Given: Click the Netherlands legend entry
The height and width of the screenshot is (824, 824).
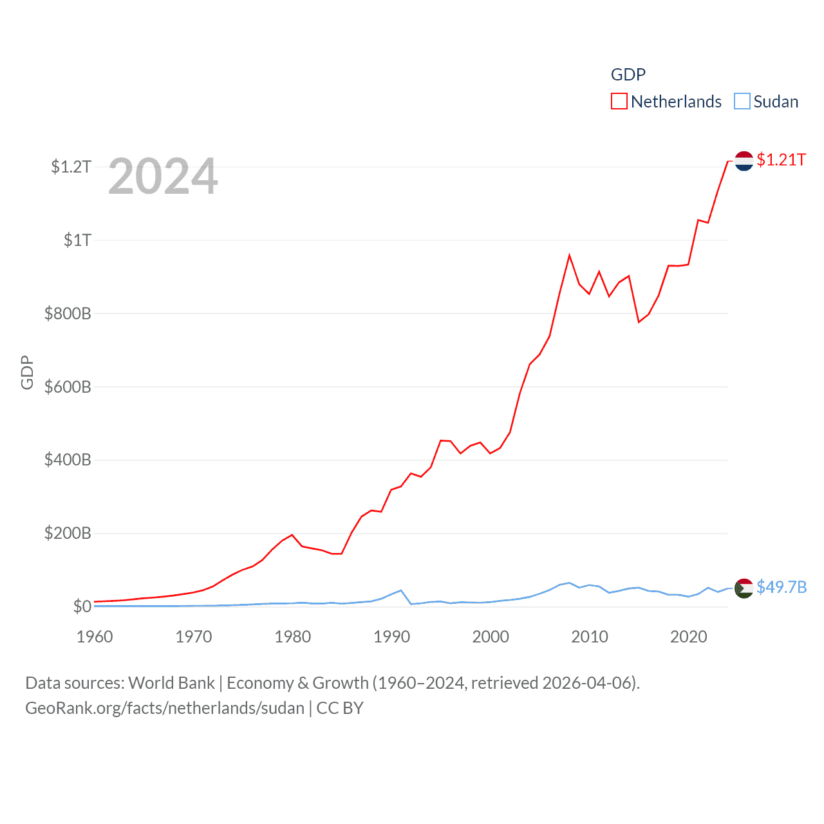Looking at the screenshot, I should [675, 102].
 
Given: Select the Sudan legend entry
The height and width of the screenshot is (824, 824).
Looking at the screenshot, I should [775, 102].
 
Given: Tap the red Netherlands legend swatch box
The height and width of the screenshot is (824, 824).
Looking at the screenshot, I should [619, 102].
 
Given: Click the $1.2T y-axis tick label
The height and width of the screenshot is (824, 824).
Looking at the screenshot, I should [71, 167].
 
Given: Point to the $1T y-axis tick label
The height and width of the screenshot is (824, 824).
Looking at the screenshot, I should [77, 240].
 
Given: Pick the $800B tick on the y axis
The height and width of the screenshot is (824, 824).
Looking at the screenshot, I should [68, 314].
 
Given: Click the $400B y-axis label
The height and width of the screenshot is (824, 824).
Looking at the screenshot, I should [68, 460].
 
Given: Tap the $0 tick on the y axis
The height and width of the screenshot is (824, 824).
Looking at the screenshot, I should [82, 606].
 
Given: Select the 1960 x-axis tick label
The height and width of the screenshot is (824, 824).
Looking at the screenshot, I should [95, 637].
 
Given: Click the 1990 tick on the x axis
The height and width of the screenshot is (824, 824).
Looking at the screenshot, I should [391, 637].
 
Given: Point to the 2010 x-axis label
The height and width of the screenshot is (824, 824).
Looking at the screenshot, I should [590, 637].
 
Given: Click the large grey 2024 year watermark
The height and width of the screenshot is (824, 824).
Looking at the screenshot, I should [163, 176].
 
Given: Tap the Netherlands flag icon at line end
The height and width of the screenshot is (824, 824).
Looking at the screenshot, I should [744, 160].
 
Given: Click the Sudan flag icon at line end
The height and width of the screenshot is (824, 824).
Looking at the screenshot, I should [744, 588].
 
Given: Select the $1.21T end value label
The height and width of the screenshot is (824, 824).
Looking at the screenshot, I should [782, 160].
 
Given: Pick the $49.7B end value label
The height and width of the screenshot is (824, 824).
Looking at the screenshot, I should [782, 587].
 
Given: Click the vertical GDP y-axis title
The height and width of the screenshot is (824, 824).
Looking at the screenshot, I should [27, 372].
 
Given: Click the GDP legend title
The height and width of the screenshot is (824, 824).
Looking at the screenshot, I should [628, 75].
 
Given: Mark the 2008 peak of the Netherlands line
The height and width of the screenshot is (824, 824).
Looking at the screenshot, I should [569, 256].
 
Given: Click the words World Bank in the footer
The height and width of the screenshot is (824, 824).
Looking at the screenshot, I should [171, 682].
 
